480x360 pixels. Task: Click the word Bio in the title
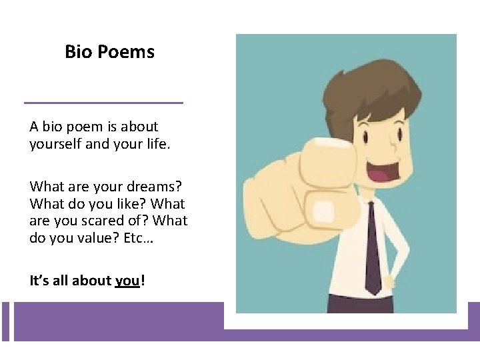pos(79,51)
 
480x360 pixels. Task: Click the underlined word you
pos(127,281)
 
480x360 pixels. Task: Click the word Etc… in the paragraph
pos(137,237)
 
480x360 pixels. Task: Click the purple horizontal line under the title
pos(103,103)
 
